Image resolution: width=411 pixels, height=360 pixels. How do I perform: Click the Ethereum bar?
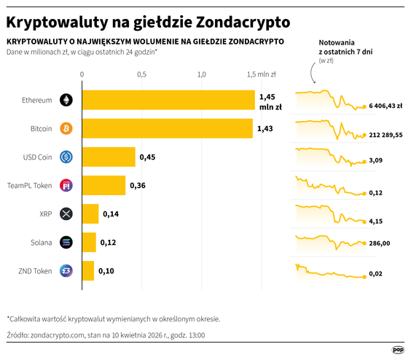coord(168,100)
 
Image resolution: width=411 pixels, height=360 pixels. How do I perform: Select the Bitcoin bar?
coord(167,128)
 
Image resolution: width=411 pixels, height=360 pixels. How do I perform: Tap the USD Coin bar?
coord(109,157)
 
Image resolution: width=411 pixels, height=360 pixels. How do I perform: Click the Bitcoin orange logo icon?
coord(66,128)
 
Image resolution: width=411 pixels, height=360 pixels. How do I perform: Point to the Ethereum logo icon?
coord(66,100)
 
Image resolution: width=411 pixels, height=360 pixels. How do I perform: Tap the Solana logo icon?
coord(66,242)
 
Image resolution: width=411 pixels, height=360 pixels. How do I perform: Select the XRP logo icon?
coord(66,214)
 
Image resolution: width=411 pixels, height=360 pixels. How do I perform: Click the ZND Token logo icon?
coord(66,270)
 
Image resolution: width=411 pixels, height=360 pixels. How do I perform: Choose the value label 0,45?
coord(147,157)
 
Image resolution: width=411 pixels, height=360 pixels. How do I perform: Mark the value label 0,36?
coord(138,185)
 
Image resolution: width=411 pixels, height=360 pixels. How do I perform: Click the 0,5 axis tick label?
coord(141,74)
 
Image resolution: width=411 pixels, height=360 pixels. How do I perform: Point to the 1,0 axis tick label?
coord(202,74)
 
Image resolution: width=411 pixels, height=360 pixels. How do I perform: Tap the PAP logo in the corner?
coord(398,350)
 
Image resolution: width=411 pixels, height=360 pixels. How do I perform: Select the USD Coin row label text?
coord(38,157)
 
